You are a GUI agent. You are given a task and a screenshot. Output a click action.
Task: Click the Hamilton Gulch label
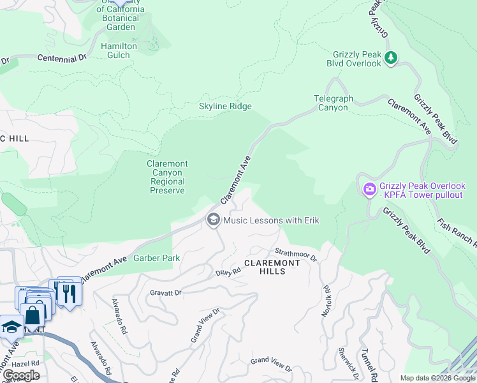(x=119, y=50)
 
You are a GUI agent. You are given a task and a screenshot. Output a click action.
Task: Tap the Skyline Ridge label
(x=225, y=107)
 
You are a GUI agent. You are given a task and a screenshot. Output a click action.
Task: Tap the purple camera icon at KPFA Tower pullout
(x=369, y=190)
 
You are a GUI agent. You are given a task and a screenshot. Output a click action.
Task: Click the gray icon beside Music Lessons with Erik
(x=213, y=220)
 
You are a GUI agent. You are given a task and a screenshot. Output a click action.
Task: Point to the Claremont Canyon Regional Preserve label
(x=167, y=177)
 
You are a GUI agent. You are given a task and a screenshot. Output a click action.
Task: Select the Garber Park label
(x=156, y=259)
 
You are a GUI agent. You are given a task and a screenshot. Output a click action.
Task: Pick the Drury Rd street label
(x=228, y=271)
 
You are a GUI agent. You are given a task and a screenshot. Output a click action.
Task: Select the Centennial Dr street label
(x=62, y=58)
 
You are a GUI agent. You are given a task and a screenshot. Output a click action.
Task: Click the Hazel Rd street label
(x=26, y=363)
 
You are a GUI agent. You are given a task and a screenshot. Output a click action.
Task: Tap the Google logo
(x=20, y=375)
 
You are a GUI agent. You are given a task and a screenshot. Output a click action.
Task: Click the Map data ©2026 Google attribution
(x=437, y=378)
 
